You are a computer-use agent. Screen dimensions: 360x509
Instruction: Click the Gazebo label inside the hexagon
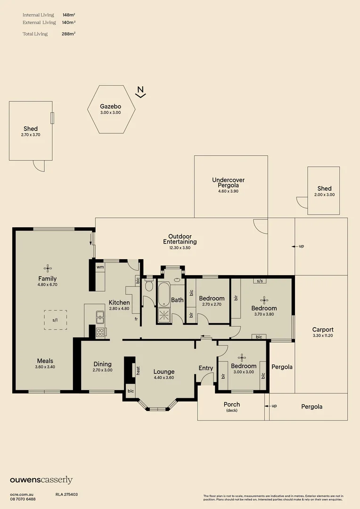pos(110,106)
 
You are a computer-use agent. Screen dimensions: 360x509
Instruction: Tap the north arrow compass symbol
pos(140,92)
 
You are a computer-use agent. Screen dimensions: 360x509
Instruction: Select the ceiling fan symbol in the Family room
pos(48,269)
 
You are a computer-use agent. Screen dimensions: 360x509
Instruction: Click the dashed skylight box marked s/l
pos(56,320)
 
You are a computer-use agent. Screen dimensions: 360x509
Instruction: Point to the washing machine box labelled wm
pos(100,267)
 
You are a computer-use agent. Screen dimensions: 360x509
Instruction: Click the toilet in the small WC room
pos(149,285)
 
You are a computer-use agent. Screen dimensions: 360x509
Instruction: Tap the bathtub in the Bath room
pos(164,294)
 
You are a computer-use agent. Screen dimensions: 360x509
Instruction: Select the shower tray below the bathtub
pos(164,315)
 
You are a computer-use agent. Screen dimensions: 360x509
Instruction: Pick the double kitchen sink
pos(100,317)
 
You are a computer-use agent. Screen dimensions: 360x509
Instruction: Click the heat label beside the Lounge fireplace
pos(138,370)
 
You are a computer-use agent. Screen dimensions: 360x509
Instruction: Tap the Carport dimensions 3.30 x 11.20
pos(323,336)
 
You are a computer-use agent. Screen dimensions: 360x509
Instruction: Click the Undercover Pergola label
pos(228,182)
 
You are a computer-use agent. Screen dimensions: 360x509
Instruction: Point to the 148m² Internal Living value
pos(69,15)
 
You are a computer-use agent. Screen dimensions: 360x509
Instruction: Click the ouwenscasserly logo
pos(41,480)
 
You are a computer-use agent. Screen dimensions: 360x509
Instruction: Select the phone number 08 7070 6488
pos(23,499)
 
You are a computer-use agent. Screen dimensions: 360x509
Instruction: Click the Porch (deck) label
pos(232,407)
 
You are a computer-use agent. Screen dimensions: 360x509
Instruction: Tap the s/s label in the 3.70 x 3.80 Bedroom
pos(260,281)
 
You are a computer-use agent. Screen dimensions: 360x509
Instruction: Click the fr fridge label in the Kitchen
pos(136,319)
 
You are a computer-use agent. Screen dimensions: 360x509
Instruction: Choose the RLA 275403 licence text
pos(66,495)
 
